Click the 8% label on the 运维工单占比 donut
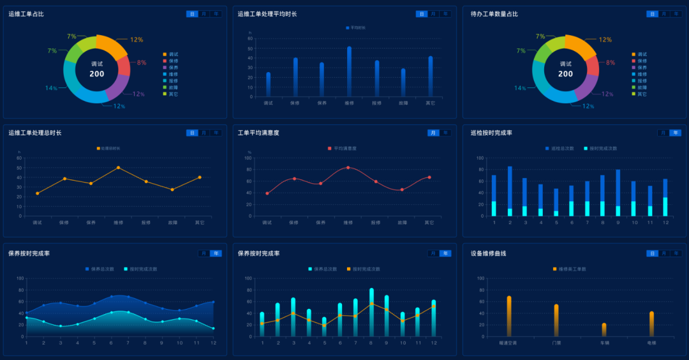click(x=142, y=63)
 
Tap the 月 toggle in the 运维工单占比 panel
click(x=204, y=13)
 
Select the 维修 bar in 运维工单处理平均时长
click(x=349, y=71)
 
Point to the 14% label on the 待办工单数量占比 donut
click(x=520, y=88)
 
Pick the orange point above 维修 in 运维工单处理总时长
click(x=118, y=167)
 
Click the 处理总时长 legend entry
click(x=108, y=148)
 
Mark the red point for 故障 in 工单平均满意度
click(x=402, y=190)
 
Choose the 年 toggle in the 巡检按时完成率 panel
click(x=675, y=133)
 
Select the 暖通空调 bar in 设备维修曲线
click(x=509, y=316)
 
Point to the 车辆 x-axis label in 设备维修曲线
click(x=604, y=343)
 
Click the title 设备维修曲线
click(x=489, y=253)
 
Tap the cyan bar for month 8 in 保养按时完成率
click(x=371, y=312)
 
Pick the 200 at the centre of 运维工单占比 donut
click(x=97, y=74)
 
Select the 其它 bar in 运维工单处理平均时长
click(x=431, y=77)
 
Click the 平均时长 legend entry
click(x=356, y=27)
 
